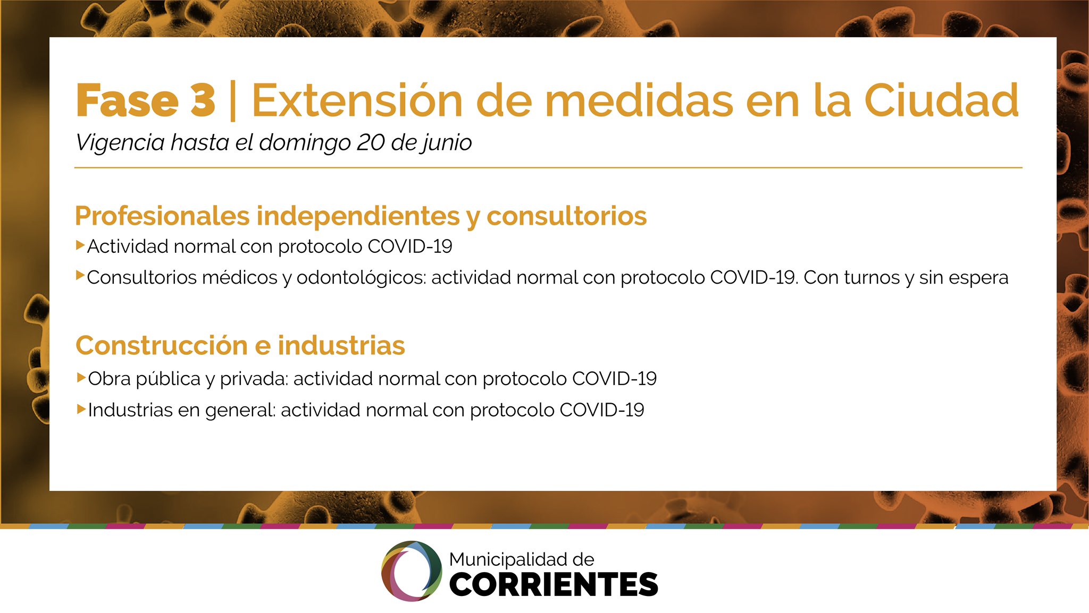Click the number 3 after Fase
pyautogui.click(x=203, y=100)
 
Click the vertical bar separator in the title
pyautogui.click(x=232, y=101)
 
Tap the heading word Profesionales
pyautogui.click(x=162, y=216)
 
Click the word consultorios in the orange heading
pyautogui.click(x=567, y=216)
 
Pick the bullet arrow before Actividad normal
pyautogui.click(x=80, y=245)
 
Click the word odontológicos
pyautogui.click(x=362, y=278)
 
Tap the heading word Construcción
pyautogui.click(x=162, y=345)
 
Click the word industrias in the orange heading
pyautogui.click(x=341, y=345)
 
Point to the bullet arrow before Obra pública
pyautogui.click(x=81, y=378)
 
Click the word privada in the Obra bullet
pyautogui.click(x=254, y=379)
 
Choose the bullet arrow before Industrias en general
pyautogui.click(x=81, y=409)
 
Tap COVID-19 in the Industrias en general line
pyautogui.click(x=602, y=410)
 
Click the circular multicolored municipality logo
pyautogui.click(x=412, y=571)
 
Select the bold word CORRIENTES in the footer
pyautogui.click(x=554, y=584)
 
